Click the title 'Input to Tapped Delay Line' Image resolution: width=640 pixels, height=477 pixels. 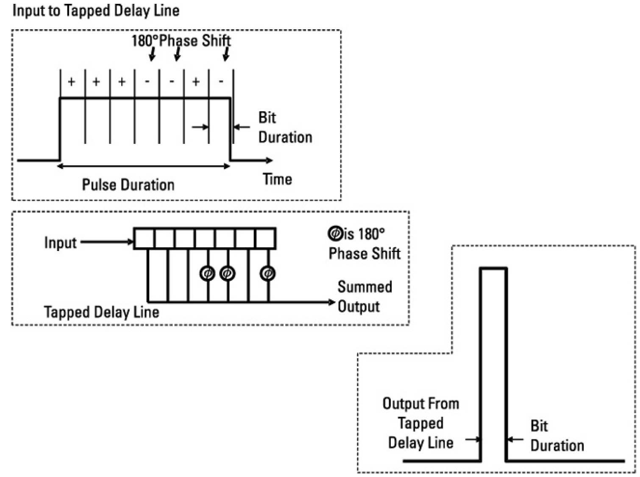click(x=96, y=11)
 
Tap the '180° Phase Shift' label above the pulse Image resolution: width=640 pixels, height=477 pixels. click(x=181, y=41)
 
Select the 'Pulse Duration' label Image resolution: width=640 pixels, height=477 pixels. click(x=128, y=185)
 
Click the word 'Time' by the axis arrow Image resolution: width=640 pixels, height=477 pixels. click(x=277, y=179)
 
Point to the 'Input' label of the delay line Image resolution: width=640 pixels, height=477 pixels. click(x=60, y=243)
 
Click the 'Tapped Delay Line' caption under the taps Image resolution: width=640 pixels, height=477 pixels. click(x=102, y=312)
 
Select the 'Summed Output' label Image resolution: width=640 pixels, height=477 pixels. click(x=364, y=296)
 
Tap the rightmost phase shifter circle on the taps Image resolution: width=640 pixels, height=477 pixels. click(x=267, y=273)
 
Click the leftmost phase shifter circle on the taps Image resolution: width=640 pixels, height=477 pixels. click(x=207, y=273)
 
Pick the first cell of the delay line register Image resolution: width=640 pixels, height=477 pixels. click(x=145, y=239)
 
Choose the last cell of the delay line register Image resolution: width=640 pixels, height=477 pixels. click(x=266, y=239)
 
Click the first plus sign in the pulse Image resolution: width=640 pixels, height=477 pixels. click(x=72, y=82)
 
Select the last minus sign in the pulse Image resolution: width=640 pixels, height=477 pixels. click(x=221, y=82)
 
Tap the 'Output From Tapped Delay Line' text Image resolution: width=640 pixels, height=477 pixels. click(x=421, y=423)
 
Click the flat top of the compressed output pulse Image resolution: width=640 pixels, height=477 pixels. click(x=493, y=268)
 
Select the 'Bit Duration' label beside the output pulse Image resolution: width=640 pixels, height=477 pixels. click(x=557, y=436)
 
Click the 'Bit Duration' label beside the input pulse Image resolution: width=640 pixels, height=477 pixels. click(x=285, y=127)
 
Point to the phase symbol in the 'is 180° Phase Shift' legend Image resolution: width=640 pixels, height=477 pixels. click(x=335, y=233)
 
